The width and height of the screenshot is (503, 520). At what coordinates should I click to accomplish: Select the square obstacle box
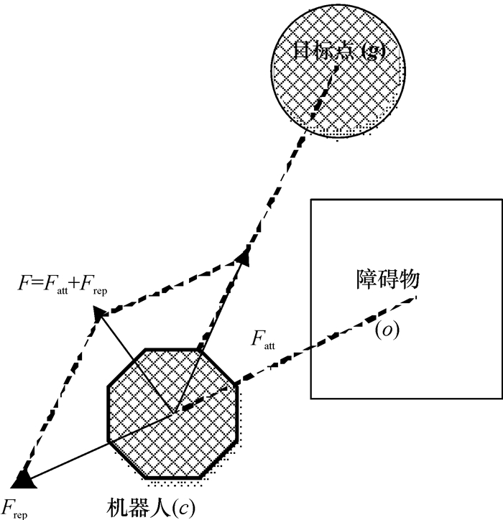pos(406,359)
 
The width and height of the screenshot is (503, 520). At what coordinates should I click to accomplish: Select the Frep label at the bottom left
pos(14,506)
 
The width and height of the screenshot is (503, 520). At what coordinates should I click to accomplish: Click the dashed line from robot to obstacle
pos(302,353)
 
